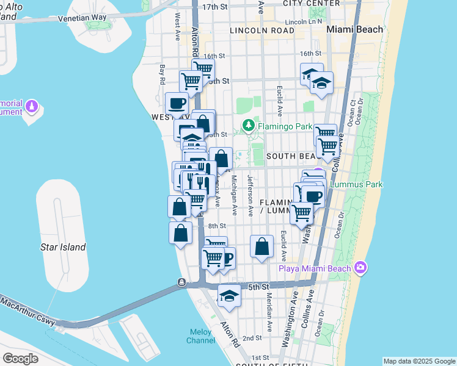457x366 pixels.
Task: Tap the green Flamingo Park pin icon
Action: click(248, 126)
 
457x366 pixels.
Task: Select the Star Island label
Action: click(63, 247)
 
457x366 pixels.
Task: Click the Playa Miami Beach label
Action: click(315, 268)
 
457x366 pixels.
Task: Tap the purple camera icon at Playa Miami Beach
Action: click(360, 268)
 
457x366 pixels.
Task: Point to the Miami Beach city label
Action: click(355, 29)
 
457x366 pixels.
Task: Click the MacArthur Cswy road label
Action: click(27, 310)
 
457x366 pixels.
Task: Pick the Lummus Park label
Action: click(351, 184)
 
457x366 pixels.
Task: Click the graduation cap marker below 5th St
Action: click(229, 296)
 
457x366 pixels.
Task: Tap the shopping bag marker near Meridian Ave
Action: click(261, 246)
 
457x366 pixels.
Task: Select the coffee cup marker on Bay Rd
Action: click(177, 103)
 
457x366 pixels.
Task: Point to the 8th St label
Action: click(217, 226)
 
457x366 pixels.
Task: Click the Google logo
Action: click(20, 359)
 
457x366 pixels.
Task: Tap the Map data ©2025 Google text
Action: click(419, 361)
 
